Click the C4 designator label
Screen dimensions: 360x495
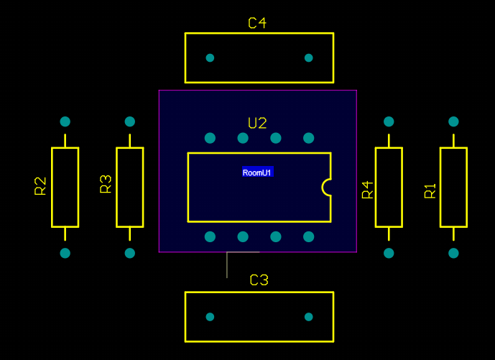[257, 23]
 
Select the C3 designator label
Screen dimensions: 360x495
[259, 280]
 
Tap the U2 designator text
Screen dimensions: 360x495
[257, 123]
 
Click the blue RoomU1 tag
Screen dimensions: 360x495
[258, 172]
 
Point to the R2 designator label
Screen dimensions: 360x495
[40, 186]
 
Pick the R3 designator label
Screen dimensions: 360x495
[106, 185]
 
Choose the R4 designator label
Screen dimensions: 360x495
[368, 190]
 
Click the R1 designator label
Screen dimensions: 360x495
[430, 191]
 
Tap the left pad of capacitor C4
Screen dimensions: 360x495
[210, 57]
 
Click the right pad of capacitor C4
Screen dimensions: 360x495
[308, 57]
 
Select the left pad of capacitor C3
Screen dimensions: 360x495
[210, 316]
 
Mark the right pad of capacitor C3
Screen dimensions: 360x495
[308, 316]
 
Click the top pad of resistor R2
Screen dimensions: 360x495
[65, 121]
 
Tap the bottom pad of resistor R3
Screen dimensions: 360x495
[130, 253]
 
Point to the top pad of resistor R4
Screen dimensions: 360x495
[389, 121]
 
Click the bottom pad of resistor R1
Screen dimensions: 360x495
[453, 253]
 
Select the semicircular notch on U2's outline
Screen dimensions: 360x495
[327, 187]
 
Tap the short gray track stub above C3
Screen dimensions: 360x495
[227, 264]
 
